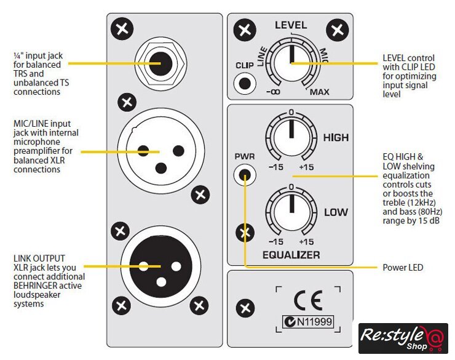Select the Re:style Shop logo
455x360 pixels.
pyautogui.click(x=403, y=338)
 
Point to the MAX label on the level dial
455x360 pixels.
pyautogui.click(x=319, y=92)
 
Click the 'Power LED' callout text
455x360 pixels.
pyautogui.click(x=402, y=268)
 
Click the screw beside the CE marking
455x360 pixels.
pyautogui.click(x=245, y=307)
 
